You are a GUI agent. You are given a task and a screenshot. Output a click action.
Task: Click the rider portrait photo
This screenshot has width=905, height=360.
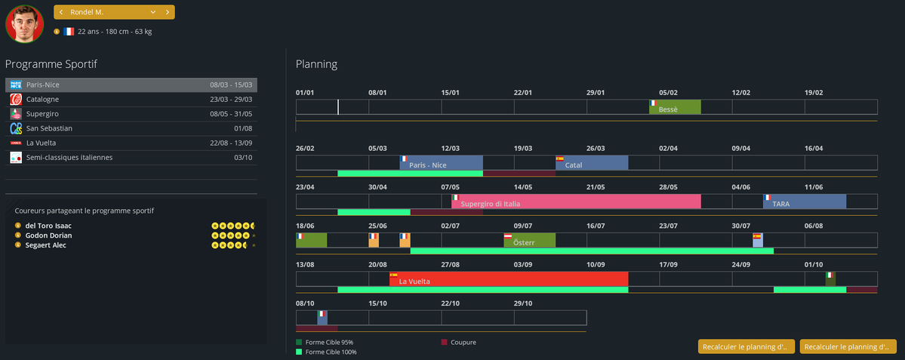24,23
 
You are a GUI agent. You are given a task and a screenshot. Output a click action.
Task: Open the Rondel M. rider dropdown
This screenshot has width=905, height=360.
153,12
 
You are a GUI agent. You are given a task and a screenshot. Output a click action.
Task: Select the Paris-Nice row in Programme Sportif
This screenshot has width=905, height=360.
131,85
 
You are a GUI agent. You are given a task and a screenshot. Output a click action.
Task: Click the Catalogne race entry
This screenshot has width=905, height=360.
42,99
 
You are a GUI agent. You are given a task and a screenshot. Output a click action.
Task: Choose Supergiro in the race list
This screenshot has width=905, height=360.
42,114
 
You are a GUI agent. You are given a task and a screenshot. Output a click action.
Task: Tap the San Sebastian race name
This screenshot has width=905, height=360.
49,128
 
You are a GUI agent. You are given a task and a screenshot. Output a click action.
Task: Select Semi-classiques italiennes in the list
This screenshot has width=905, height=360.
69,158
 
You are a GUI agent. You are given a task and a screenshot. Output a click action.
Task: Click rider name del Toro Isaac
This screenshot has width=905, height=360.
48,226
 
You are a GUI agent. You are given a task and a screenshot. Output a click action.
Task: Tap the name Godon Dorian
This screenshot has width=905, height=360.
48,235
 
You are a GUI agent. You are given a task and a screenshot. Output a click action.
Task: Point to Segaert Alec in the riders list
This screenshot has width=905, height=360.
45,245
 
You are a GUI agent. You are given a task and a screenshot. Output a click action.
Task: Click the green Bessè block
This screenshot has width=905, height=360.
675,107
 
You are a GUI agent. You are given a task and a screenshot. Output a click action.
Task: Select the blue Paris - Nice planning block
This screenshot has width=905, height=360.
441,163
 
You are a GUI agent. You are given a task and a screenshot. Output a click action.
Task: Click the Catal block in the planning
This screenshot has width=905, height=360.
592,163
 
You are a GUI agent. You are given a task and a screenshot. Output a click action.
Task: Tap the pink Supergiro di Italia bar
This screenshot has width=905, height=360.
576,202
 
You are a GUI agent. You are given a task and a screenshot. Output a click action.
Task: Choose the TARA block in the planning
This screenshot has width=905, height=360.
805,202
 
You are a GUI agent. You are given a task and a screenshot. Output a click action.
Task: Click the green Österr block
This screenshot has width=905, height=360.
529,240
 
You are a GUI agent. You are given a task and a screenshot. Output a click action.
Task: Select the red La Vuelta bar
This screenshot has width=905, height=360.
509,279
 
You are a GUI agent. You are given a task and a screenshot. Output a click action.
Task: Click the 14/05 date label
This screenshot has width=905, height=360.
522,187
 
